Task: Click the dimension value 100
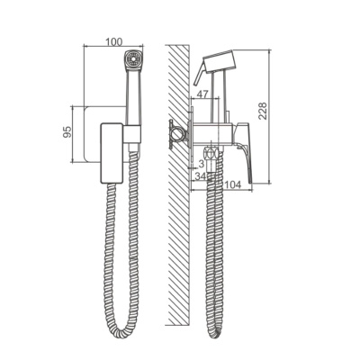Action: click(113, 41)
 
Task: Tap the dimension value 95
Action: click(67, 132)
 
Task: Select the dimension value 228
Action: click(263, 111)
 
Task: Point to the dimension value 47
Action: click(202, 94)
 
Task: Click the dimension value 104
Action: click(232, 184)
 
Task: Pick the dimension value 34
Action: click(200, 176)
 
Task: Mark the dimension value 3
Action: click(201, 164)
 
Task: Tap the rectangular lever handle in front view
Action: click(112, 153)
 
